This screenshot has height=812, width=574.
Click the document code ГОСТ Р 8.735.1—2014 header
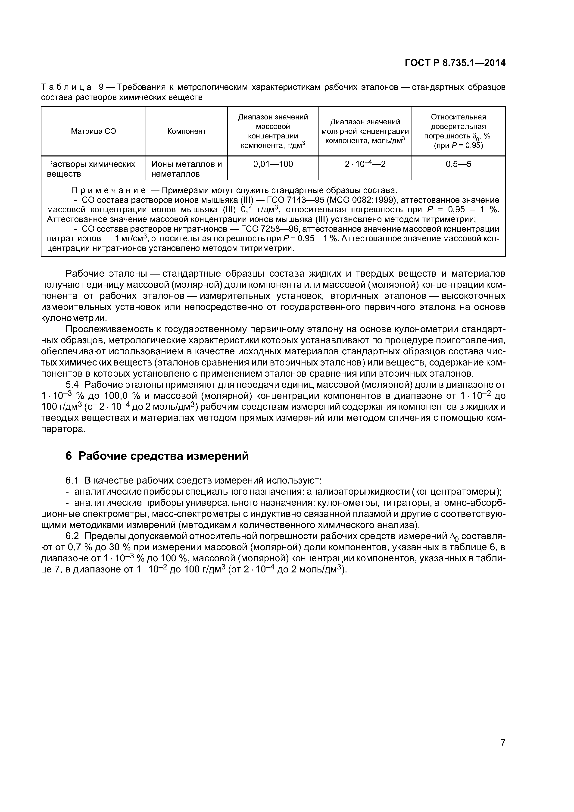click(x=455, y=63)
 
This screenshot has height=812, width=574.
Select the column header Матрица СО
click(x=93, y=131)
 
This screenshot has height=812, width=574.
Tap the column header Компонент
click(x=186, y=131)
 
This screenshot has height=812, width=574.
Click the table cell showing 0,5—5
click(x=458, y=164)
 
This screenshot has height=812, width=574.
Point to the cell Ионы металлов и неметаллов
click(x=186, y=169)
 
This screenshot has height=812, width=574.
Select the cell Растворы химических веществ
click(x=91, y=169)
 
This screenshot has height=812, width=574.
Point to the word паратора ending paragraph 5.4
click(x=63, y=429)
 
